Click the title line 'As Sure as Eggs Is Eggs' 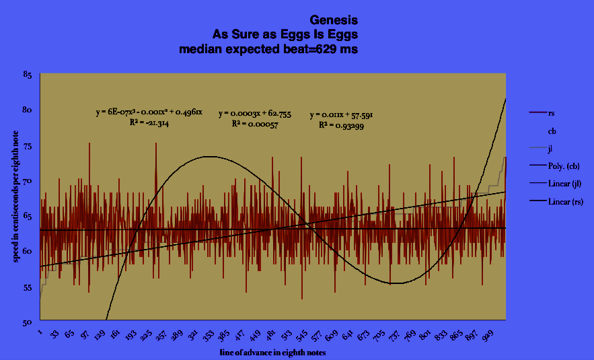click(285, 34)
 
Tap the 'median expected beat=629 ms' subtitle click(268, 48)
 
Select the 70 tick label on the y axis click(28, 180)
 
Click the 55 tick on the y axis click(28, 287)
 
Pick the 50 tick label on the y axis click(28, 322)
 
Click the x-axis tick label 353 click(228, 334)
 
